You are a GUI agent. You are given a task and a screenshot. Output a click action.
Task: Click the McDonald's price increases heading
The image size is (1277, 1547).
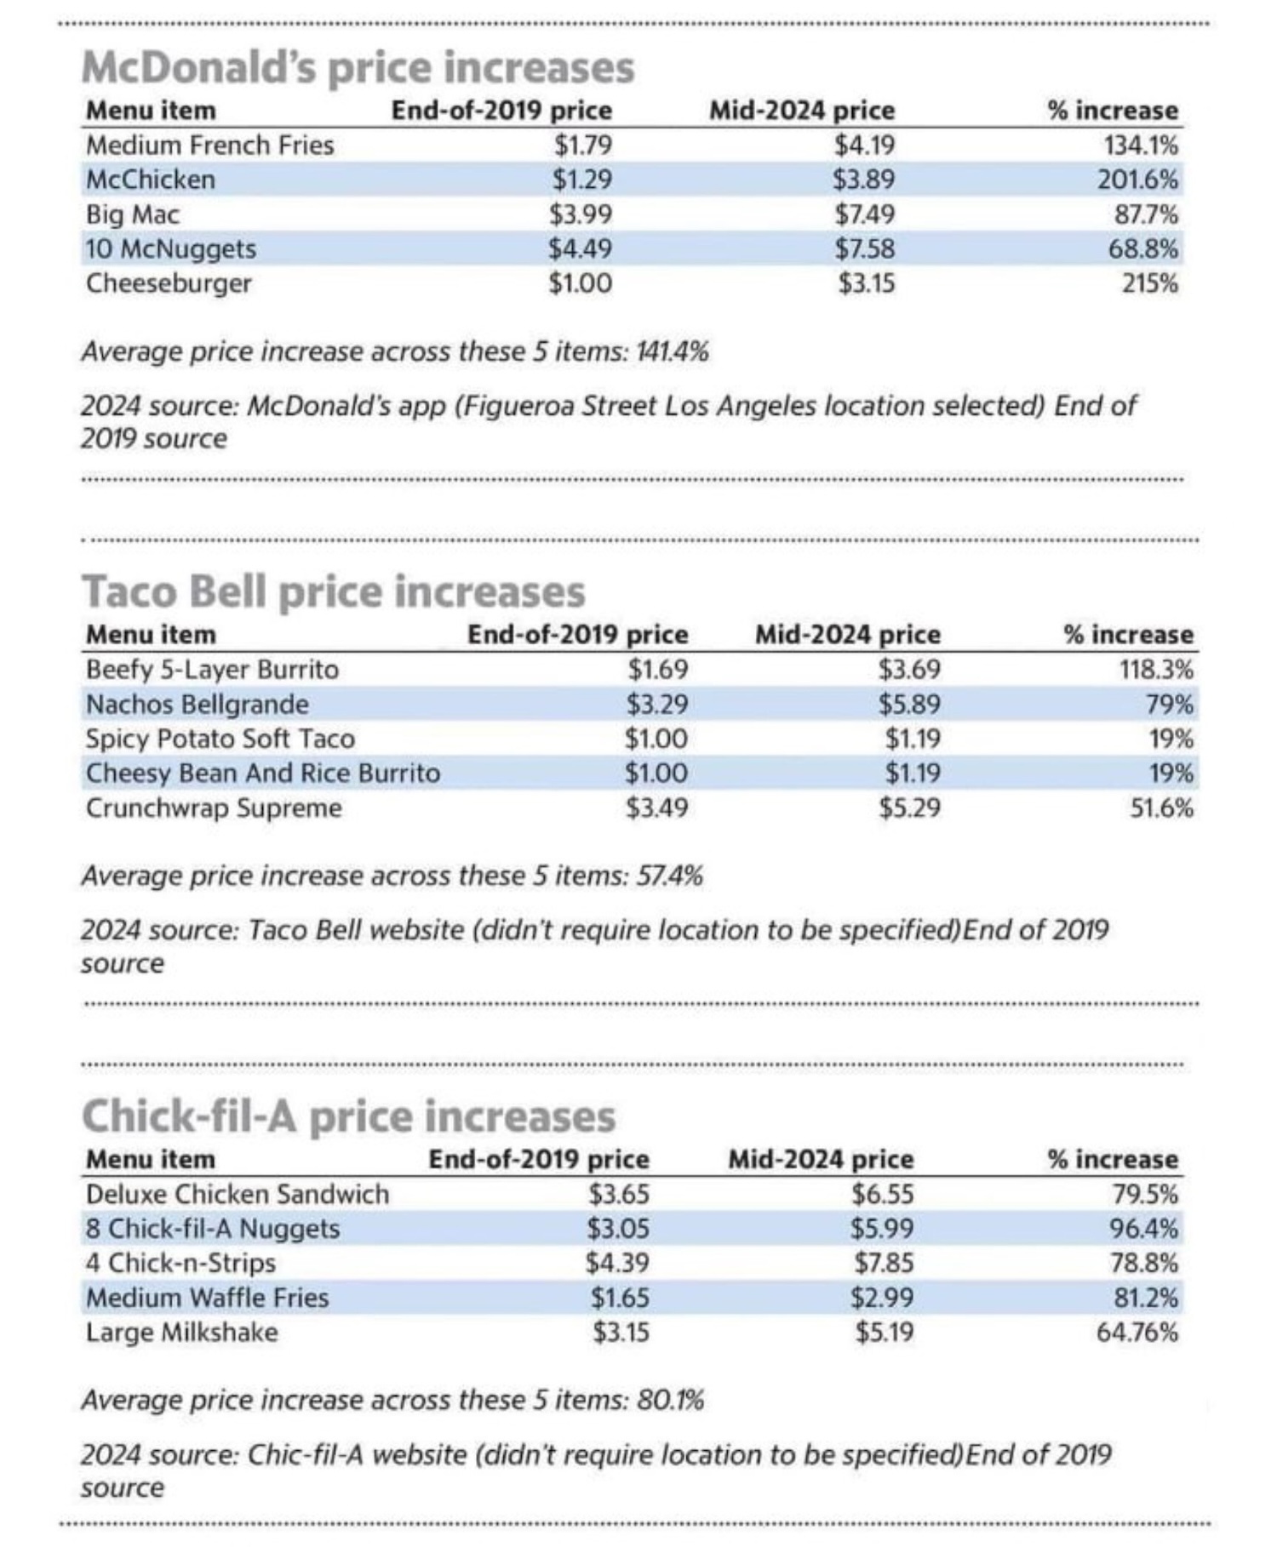tap(358, 67)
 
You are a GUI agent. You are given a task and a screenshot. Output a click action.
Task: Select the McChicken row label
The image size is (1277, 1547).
tap(151, 180)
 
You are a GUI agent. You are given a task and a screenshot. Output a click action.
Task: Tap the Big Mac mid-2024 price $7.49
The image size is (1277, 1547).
tap(865, 214)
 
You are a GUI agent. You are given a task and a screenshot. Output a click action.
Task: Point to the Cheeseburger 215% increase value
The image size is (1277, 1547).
tap(1149, 283)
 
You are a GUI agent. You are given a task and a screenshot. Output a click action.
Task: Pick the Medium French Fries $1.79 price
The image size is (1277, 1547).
tap(582, 146)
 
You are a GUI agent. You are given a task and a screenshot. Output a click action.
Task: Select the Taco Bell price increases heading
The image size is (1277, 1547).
tap(334, 591)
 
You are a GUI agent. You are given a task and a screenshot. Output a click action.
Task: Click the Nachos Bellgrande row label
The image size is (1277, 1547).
tap(198, 705)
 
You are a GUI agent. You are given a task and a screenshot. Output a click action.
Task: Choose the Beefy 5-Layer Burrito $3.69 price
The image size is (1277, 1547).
tap(909, 670)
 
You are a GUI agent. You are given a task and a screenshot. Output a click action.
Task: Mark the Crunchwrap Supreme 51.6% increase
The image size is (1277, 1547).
tap(1161, 808)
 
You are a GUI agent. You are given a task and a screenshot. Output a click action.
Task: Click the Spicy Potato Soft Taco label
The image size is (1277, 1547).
tap(220, 739)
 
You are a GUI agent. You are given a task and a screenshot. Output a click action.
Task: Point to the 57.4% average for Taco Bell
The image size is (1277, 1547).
tap(670, 876)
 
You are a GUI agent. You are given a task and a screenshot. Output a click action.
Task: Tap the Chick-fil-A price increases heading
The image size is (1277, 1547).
tap(348, 1116)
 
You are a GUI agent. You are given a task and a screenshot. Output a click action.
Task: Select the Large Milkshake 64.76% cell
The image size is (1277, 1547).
tap(1137, 1332)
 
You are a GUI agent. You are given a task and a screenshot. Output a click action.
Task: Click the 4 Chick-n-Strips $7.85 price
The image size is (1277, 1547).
tap(884, 1263)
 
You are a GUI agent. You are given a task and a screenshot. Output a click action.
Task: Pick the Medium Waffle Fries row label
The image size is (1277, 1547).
tap(207, 1298)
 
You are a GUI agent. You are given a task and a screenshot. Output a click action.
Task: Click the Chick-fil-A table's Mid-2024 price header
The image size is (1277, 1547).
tap(821, 1159)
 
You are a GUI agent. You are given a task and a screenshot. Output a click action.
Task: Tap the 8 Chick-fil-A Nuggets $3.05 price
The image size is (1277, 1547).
tap(618, 1229)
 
